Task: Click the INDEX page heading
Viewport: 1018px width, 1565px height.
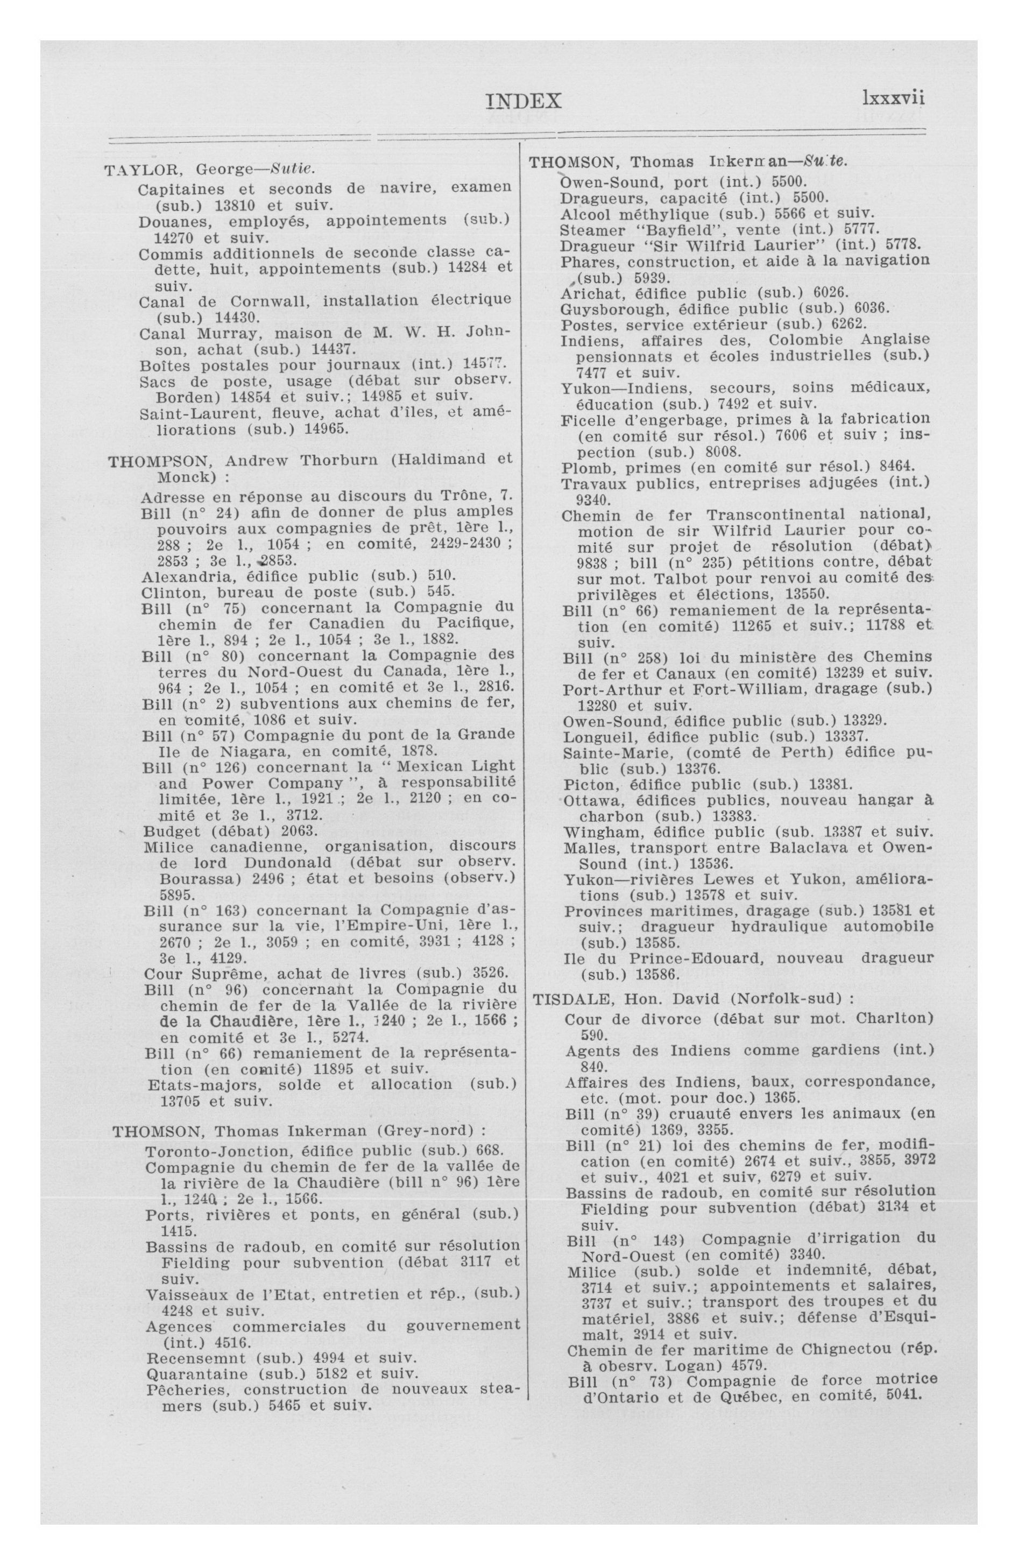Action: coord(524,101)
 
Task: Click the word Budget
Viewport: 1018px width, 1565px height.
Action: coord(169,830)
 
